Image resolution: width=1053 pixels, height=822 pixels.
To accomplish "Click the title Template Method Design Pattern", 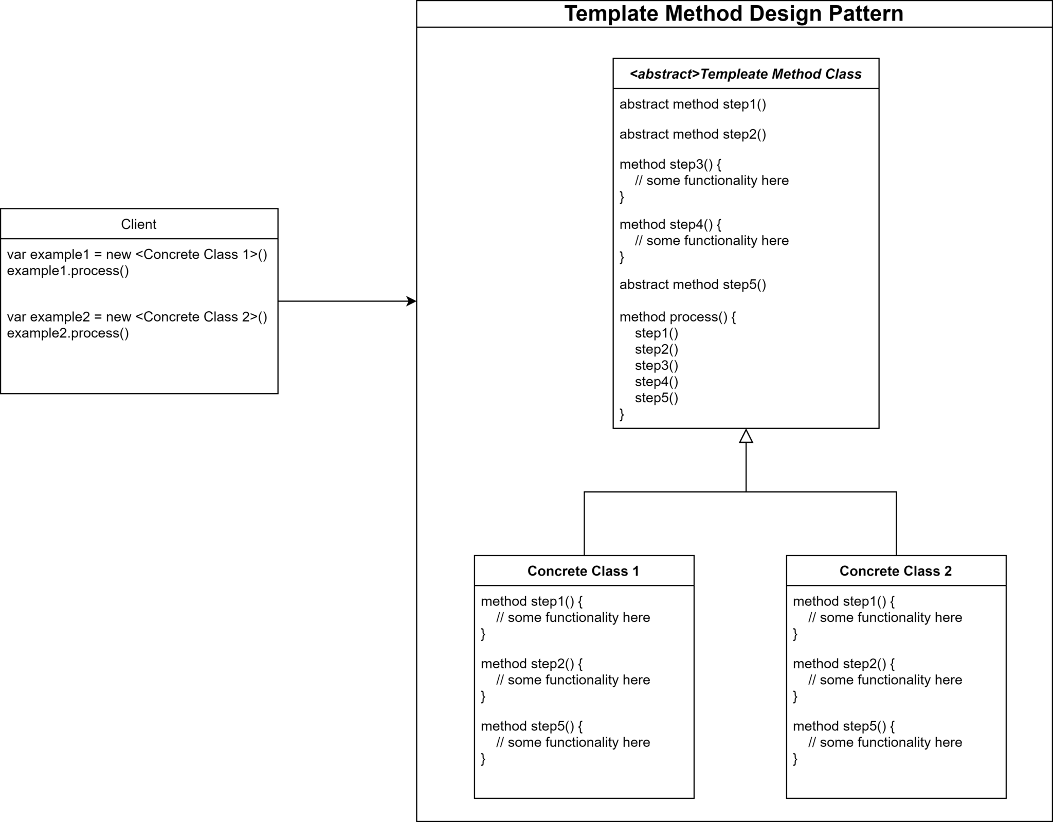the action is [x=734, y=14].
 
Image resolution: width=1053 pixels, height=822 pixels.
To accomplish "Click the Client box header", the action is [x=139, y=224].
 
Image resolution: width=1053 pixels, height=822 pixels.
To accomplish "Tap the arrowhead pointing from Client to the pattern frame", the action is [x=411, y=301].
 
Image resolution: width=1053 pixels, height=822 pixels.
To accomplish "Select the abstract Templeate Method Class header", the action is [x=746, y=74].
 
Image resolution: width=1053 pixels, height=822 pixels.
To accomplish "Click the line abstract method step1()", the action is [x=693, y=104].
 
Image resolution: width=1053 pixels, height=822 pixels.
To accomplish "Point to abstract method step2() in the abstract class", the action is [x=693, y=134].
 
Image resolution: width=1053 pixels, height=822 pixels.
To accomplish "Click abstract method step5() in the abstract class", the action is [x=693, y=284].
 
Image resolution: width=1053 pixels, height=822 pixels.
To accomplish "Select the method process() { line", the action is [x=678, y=317].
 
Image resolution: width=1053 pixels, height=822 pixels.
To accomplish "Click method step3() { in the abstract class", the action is [x=670, y=165].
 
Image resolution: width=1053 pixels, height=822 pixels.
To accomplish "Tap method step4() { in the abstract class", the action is [x=670, y=225].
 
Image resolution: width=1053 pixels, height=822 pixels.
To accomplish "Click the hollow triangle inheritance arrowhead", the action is [x=746, y=436].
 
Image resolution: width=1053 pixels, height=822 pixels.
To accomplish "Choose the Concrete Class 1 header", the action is [x=584, y=571].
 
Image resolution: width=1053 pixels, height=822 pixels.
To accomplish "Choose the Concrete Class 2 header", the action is [x=896, y=571].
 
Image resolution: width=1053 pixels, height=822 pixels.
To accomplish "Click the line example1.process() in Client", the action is [x=68, y=271].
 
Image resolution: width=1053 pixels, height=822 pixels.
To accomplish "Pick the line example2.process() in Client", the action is [x=68, y=333].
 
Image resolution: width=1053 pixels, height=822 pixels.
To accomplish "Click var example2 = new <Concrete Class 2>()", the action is [x=137, y=317].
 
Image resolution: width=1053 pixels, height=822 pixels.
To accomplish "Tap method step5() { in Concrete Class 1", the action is [x=532, y=726].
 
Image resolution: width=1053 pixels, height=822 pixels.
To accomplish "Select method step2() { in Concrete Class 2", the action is [x=844, y=664].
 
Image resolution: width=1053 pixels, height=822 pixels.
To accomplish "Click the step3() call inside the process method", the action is [x=657, y=366].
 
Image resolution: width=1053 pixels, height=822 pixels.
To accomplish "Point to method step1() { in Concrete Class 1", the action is [x=532, y=602].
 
